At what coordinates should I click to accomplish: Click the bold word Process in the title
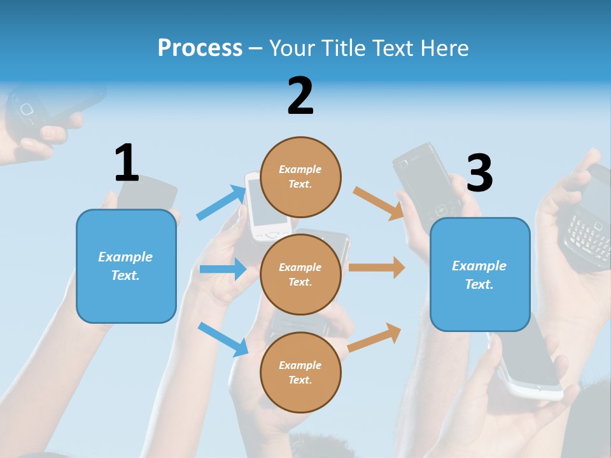coord(200,48)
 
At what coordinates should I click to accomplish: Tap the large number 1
coord(127,163)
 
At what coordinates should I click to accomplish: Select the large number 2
coord(300,96)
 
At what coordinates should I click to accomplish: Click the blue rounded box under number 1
coord(126,266)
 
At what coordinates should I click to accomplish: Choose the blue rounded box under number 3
coord(480,275)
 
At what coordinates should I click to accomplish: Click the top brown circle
coord(300,177)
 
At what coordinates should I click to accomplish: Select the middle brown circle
coord(300,274)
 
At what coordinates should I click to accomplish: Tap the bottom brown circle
coord(300,372)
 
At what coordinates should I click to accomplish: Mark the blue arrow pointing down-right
coord(223,339)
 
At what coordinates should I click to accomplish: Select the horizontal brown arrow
coord(377,267)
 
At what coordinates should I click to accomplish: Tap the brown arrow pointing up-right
coord(374,338)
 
